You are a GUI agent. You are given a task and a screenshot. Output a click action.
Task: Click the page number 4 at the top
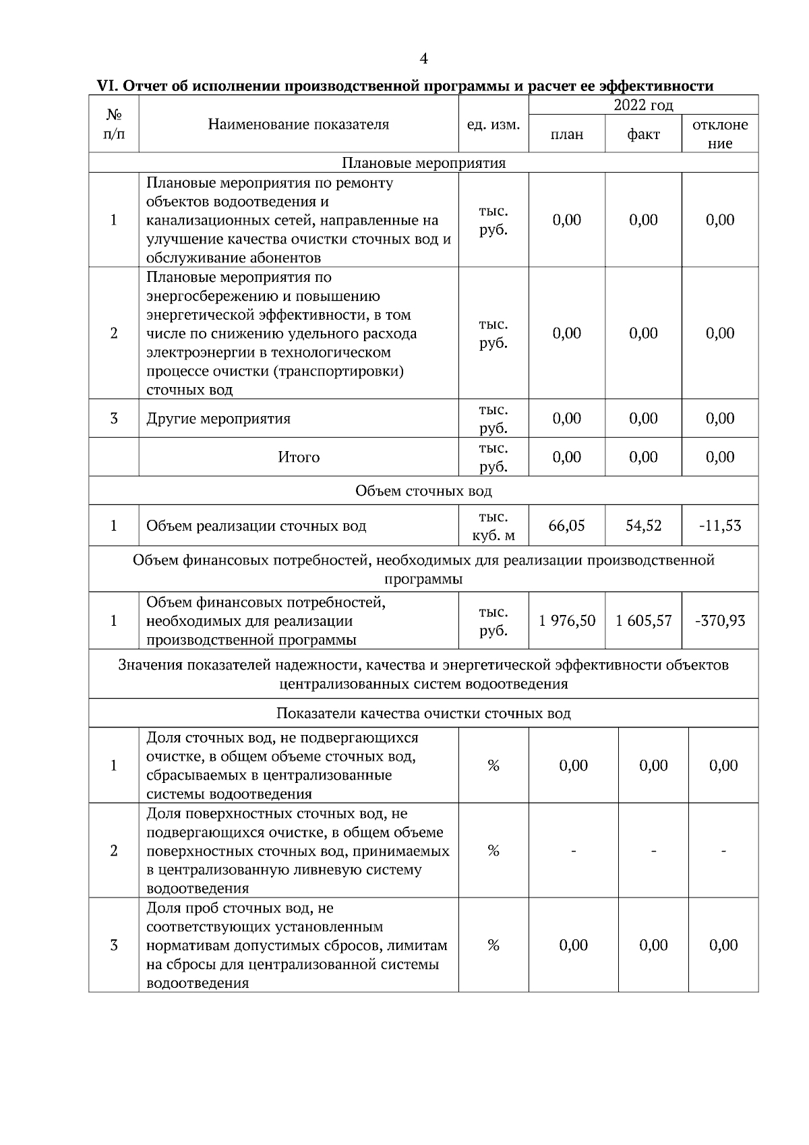click(x=423, y=59)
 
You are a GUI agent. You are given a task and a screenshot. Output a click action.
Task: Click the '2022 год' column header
click(x=643, y=105)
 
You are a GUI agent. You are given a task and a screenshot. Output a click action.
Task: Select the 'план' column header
click(x=567, y=134)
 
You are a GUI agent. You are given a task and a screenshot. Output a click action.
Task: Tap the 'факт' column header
click(x=643, y=134)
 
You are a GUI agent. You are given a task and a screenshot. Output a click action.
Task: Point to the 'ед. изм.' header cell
click(x=493, y=125)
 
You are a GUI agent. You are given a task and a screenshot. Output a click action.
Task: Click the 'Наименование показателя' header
click(x=299, y=124)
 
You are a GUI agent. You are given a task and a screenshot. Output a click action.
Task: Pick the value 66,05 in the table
click(x=567, y=525)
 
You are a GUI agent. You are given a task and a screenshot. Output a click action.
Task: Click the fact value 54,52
click(x=643, y=525)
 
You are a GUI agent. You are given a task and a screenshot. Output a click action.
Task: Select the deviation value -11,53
click(x=720, y=525)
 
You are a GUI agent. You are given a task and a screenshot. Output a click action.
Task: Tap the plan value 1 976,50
click(x=567, y=620)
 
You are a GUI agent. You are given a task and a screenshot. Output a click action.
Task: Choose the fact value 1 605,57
click(x=643, y=620)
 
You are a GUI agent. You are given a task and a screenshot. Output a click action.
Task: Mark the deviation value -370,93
click(x=720, y=620)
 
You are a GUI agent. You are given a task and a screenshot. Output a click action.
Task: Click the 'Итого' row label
click(x=299, y=457)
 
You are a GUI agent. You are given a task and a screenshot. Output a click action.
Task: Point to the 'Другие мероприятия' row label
click(x=218, y=419)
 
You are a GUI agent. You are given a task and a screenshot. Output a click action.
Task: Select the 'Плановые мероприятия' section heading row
click(x=423, y=163)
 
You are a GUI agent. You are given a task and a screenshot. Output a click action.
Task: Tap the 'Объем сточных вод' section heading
click(x=423, y=491)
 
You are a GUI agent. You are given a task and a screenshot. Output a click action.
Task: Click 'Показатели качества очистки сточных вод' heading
click(x=423, y=713)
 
